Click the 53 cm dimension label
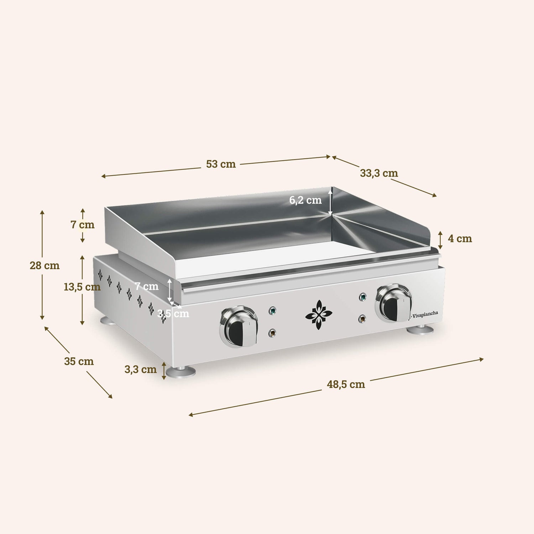pyautogui.click(x=221, y=164)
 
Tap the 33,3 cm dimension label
pyautogui.click(x=379, y=173)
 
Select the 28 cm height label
pyautogui.click(x=44, y=266)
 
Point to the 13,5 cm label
pyautogui.click(x=82, y=287)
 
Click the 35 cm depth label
pyautogui.click(x=79, y=361)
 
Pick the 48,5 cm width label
pyautogui.click(x=346, y=384)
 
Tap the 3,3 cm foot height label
pyautogui.click(x=140, y=370)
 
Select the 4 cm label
pyautogui.click(x=460, y=239)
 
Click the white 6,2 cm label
pyautogui.click(x=305, y=200)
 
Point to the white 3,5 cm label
pyautogui.click(x=173, y=314)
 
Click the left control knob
pyautogui.click(x=239, y=326)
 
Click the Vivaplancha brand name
pyautogui.click(x=425, y=314)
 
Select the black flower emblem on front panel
pyautogui.click(x=319, y=315)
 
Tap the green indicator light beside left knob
pyautogui.click(x=272, y=310)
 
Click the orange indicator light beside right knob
pyautogui.click(x=362, y=319)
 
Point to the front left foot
pyautogui.click(x=181, y=372)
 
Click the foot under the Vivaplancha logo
pyautogui.click(x=420, y=330)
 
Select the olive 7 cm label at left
pyautogui.click(x=82, y=225)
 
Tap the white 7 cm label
pyautogui.click(x=146, y=286)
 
